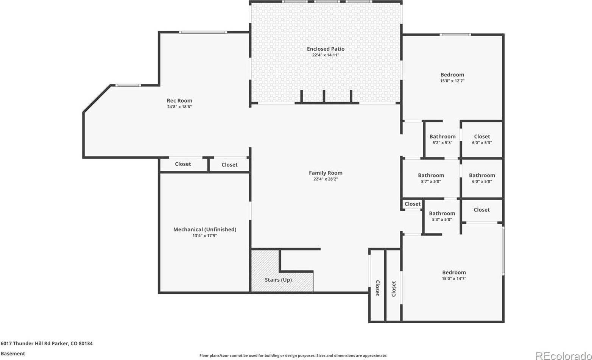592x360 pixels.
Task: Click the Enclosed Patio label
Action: (326, 49)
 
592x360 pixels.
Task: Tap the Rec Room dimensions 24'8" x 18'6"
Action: (179, 107)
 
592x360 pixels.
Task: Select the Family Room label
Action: (326, 173)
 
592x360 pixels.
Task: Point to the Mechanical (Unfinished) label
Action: (205, 229)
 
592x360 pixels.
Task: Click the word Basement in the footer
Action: (13, 354)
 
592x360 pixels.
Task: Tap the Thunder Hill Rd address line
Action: (47, 344)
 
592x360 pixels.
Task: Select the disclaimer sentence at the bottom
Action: (293, 356)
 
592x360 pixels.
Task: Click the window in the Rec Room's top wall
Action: (203, 32)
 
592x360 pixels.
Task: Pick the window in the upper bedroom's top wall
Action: (455, 34)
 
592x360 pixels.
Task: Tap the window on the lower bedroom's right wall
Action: (503, 251)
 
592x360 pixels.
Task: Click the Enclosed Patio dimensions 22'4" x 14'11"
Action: (326, 55)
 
